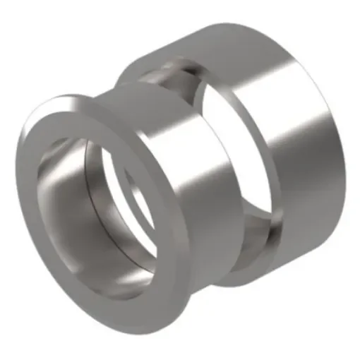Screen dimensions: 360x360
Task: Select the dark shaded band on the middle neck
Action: coord(212,212)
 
